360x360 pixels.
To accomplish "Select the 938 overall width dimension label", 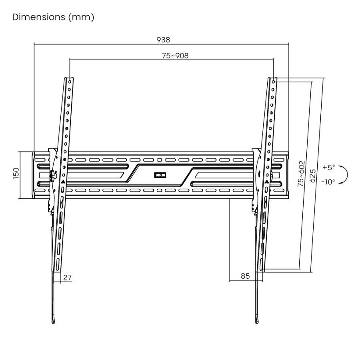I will [164, 40].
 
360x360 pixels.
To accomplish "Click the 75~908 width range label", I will [175, 56].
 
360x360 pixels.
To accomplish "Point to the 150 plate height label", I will [16, 174].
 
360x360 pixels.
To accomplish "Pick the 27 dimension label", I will [68, 276].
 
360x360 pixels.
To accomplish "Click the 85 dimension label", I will [245, 276].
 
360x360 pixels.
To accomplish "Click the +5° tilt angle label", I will [328, 167].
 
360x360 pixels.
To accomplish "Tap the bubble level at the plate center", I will [160, 175].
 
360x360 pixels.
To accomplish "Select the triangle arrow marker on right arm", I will [266, 181].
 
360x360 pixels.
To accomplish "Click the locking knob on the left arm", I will [52, 174].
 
